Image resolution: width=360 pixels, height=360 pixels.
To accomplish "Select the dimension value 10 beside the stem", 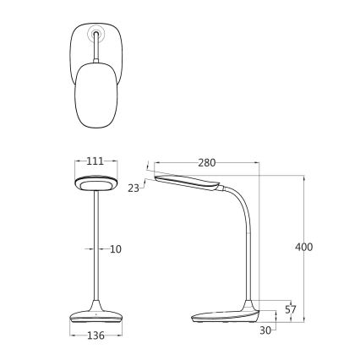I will point(116,248).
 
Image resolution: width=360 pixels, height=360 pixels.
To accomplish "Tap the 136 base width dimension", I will point(96,335).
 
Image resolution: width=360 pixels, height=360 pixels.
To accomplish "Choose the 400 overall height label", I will point(305,247).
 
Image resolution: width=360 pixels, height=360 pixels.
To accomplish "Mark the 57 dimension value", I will point(291,309).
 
